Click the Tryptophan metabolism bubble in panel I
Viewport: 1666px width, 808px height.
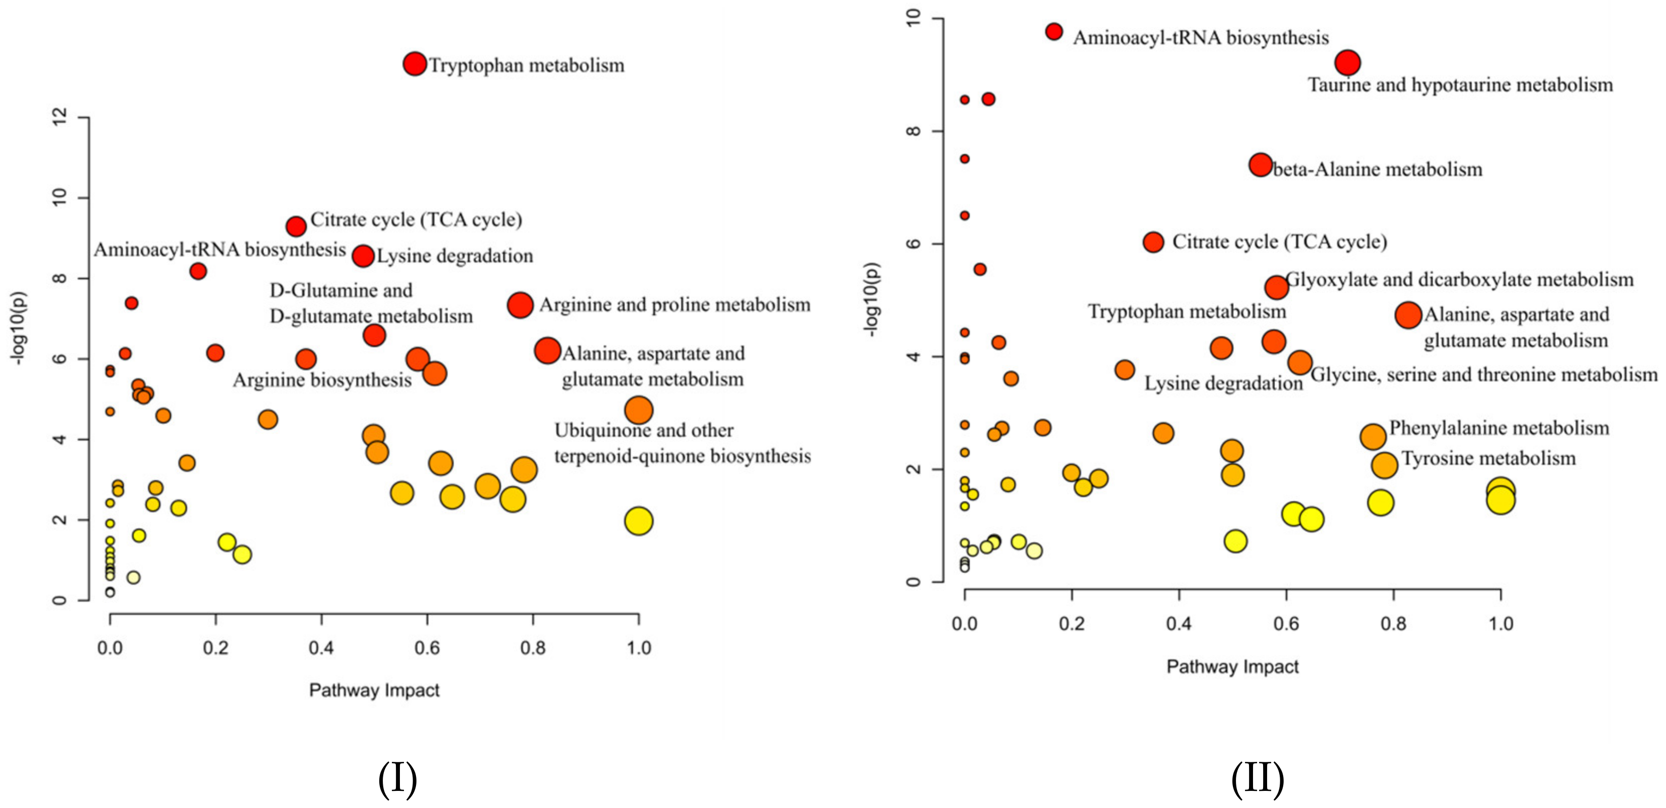pyautogui.click(x=414, y=63)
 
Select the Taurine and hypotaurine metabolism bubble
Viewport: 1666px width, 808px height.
pyautogui.click(x=1347, y=63)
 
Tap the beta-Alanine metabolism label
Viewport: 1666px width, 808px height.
pyautogui.click(x=1378, y=170)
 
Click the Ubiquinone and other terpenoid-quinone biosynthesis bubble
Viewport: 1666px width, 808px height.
pyautogui.click(x=638, y=410)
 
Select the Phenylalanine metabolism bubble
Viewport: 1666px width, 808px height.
pyautogui.click(x=1372, y=437)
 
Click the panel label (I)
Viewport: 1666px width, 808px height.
pyautogui.click(x=397, y=778)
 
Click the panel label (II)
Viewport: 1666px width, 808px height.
pyautogui.click(x=1257, y=778)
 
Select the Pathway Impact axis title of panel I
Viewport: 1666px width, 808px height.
pyautogui.click(x=374, y=690)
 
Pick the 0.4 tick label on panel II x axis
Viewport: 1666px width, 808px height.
pyautogui.click(x=1179, y=624)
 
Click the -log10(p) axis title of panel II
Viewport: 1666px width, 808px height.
pyautogui.click(x=871, y=299)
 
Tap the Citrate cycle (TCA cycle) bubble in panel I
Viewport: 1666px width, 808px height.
pyautogui.click(x=296, y=226)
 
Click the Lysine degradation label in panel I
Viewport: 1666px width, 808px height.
pyautogui.click(x=455, y=256)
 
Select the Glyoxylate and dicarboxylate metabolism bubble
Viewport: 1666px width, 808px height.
pyautogui.click(x=1276, y=287)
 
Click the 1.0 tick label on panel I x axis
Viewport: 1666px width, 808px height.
pyautogui.click(x=638, y=648)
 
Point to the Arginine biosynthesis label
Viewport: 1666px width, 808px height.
pyautogui.click(x=321, y=380)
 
